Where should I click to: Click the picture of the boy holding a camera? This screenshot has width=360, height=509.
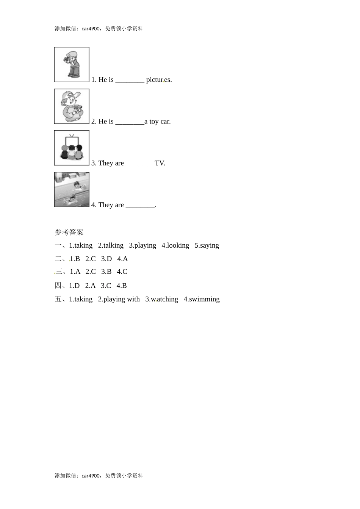[x=72, y=64]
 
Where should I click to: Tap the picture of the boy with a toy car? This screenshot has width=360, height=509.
[x=72, y=106]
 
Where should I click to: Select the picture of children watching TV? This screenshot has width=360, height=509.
[x=72, y=148]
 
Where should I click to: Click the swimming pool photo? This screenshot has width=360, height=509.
[x=72, y=189]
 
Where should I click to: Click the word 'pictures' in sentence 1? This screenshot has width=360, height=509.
[x=159, y=80]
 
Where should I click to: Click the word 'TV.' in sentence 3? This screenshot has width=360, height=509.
[x=160, y=163]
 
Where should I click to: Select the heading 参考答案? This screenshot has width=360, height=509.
[x=69, y=232]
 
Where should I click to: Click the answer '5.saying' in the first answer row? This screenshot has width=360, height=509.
[x=207, y=245]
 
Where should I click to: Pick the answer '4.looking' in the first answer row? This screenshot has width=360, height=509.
[x=175, y=245]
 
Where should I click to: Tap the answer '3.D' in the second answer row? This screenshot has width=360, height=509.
[x=106, y=259]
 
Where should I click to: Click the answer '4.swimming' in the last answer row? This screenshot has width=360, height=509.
[x=202, y=299]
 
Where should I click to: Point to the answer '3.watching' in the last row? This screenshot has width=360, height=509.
[x=162, y=299]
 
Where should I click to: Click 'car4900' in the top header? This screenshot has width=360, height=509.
[x=91, y=29]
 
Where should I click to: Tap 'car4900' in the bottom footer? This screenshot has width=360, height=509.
[x=91, y=476]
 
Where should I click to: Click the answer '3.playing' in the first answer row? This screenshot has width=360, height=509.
[x=142, y=245]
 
